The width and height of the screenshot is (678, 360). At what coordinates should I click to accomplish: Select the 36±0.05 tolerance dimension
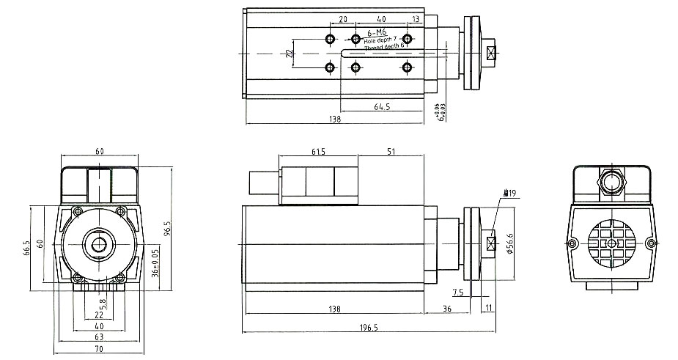tap(155, 262)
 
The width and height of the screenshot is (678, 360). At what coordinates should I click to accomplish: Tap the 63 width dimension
tap(98, 337)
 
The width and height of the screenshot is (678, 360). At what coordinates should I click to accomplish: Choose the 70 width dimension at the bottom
tap(98, 350)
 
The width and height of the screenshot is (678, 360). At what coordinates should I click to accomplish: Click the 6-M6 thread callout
tap(377, 33)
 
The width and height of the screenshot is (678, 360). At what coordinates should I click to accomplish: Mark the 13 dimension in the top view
tap(416, 18)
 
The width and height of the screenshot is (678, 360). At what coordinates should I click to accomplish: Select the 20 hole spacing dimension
tap(343, 18)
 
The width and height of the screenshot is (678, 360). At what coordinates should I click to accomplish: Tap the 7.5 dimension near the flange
tap(458, 293)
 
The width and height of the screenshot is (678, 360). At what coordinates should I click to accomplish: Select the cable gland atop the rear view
tap(611, 179)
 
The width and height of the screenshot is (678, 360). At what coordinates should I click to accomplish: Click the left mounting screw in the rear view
tap(572, 243)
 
